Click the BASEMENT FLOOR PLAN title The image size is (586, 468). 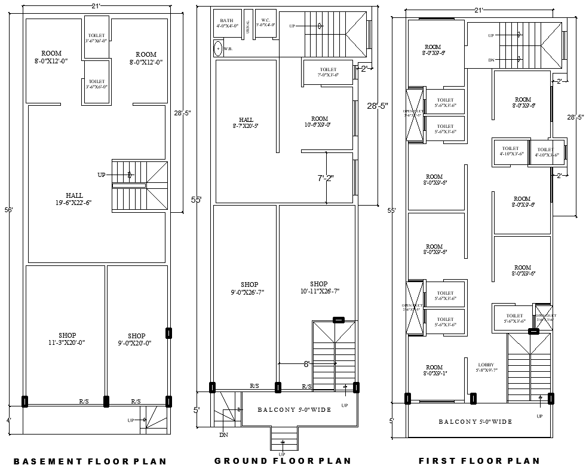point(90,461)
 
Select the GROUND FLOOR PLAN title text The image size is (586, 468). point(283,460)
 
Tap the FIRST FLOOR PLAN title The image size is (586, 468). point(479,461)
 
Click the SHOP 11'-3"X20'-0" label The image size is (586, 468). point(67,339)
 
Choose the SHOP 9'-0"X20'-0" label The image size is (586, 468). point(136,339)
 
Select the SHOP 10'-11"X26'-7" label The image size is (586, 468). point(318,287)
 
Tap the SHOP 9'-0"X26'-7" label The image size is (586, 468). point(249,288)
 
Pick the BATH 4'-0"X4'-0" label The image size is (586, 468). point(227,23)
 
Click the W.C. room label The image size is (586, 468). point(265,23)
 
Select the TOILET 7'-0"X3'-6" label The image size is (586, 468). point(328,72)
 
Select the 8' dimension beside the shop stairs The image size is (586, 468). point(306,363)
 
